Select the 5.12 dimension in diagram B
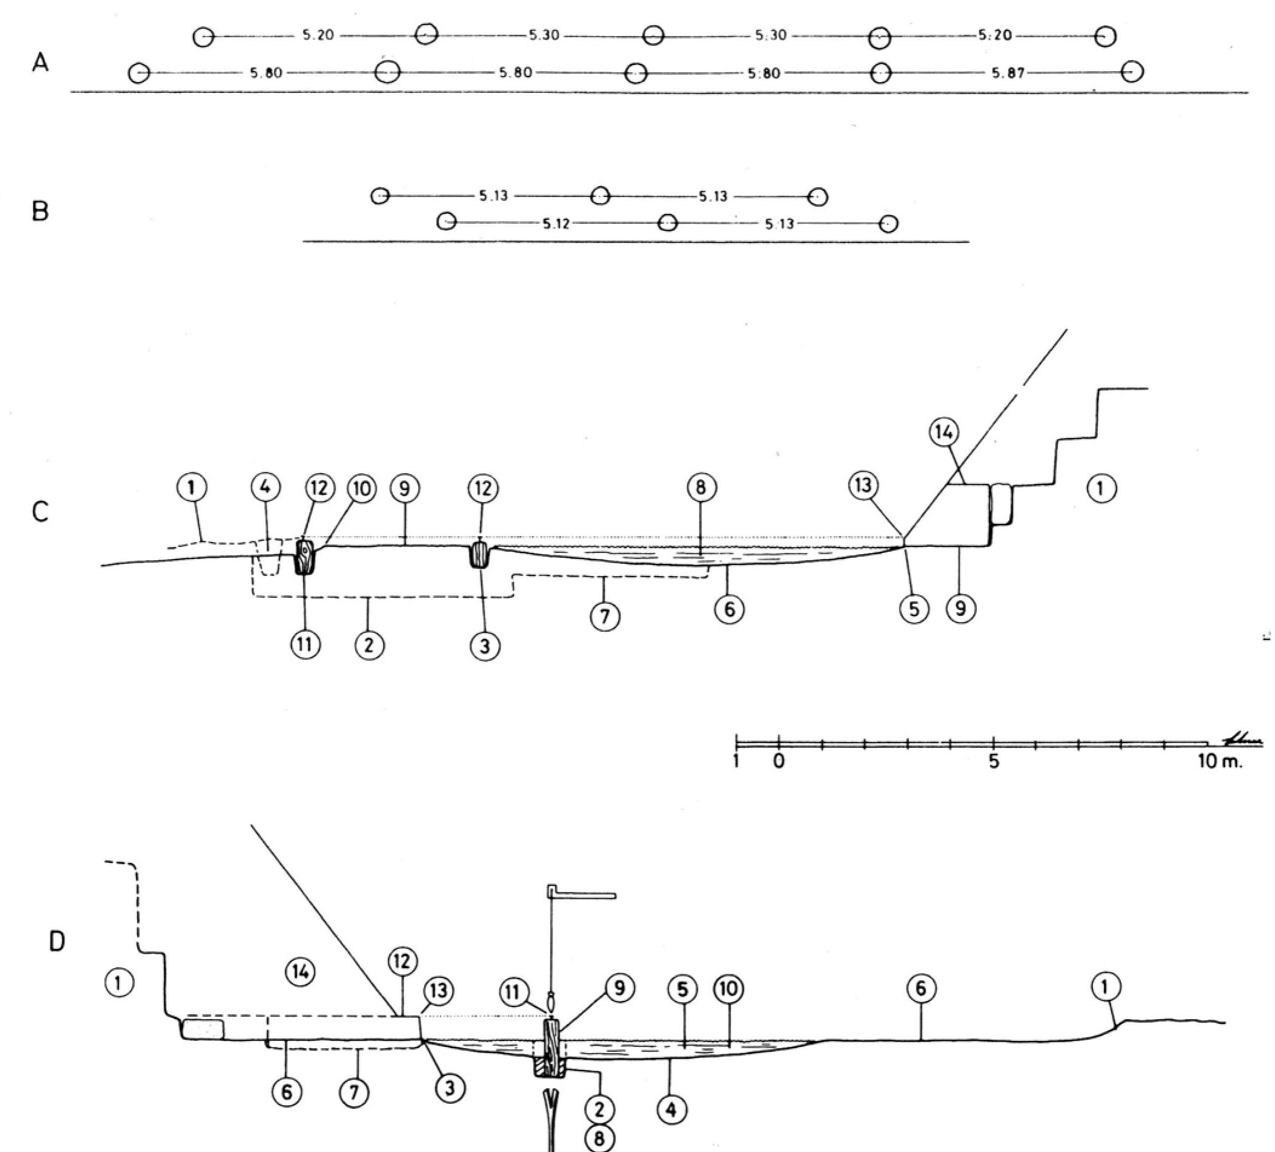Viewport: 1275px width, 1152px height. [556, 224]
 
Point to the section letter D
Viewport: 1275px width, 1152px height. [56, 943]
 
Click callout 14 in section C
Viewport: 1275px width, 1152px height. [944, 432]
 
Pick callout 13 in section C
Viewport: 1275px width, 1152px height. [863, 485]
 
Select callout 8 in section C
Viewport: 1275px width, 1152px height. [700, 487]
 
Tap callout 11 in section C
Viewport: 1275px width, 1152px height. [305, 645]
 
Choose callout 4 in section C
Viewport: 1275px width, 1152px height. [266, 487]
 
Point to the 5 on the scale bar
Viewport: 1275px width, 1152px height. [993, 762]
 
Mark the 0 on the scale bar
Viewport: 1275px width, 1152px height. [779, 762]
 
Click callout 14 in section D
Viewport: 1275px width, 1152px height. [300, 971]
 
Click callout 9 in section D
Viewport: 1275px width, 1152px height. [620, 987]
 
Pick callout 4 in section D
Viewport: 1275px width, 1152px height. [671, 1110]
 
